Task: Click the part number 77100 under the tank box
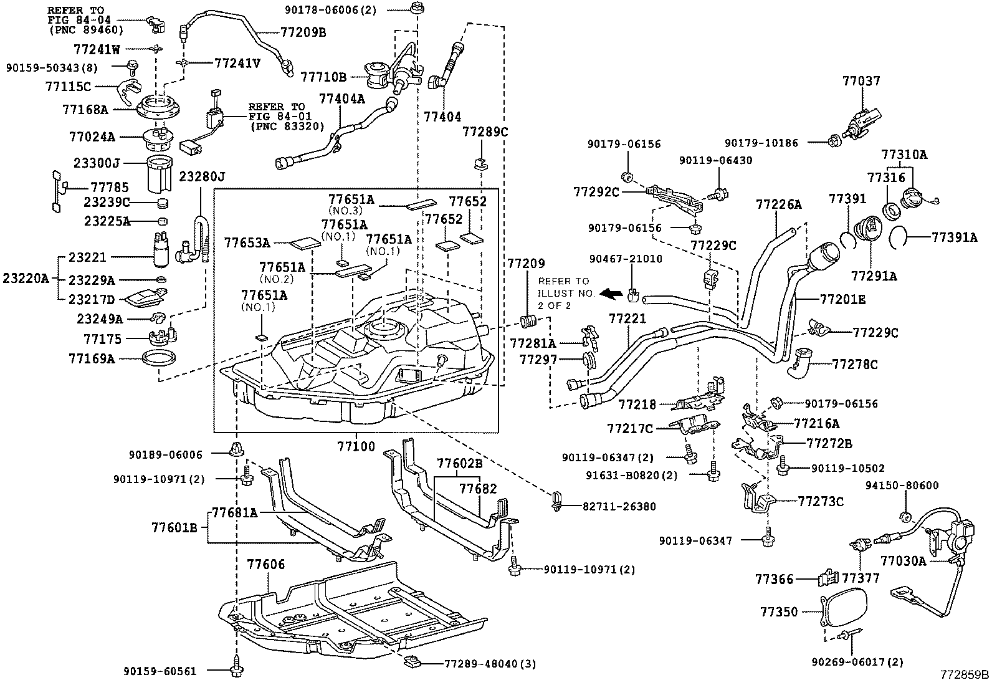coord(356,446)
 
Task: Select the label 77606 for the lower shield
coord(266,565)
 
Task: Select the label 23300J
coord(96,163)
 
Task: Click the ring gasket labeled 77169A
coord(159,358)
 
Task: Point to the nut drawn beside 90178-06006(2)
coord(415,9)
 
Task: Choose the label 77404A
coord(342,98)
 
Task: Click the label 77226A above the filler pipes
coord(778,204)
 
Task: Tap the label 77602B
coord(460,463)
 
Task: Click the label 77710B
coord(323,77)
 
